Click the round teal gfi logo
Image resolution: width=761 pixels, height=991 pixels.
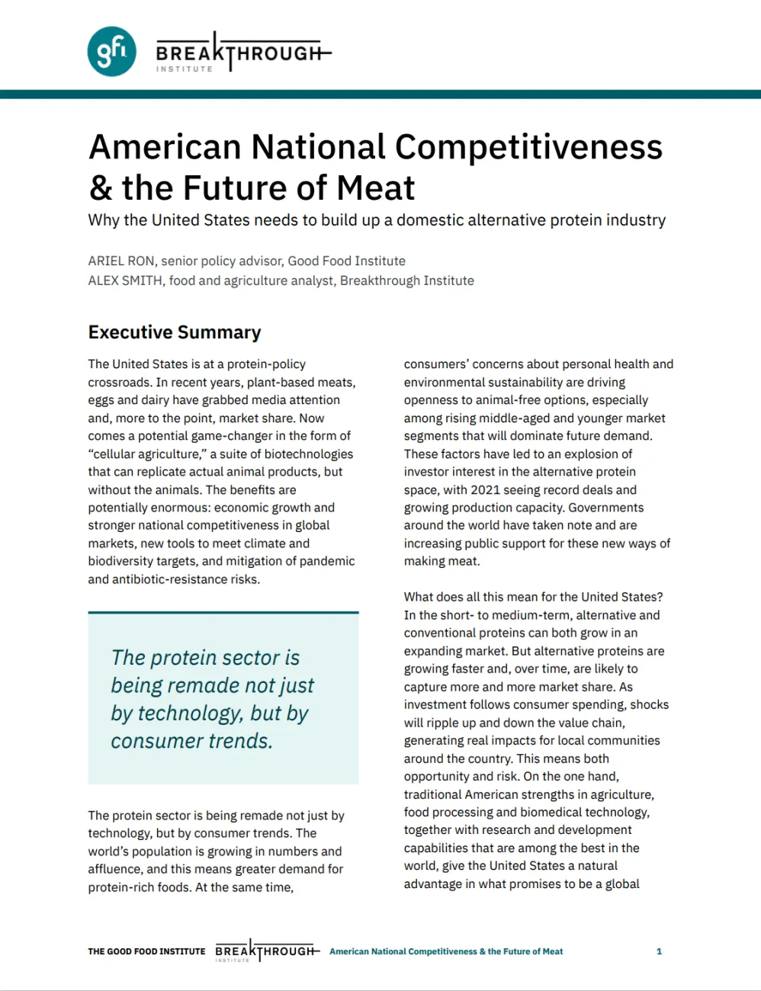coord(112,52)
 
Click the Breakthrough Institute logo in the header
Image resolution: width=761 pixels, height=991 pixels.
coord(242,53)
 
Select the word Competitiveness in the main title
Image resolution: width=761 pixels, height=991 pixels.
coord(529,147)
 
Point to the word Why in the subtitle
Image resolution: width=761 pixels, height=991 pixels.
coord(103,220)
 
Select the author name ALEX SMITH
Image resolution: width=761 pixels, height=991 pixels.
coord(125,281)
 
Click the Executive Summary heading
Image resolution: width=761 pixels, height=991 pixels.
coord(175,332)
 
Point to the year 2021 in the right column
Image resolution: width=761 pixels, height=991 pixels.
coord(485,489)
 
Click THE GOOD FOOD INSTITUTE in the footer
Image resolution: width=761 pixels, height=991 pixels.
coord(146,951)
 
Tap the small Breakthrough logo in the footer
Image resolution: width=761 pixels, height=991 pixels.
coord(265,951)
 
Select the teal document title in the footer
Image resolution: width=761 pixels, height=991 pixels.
coord(446,951)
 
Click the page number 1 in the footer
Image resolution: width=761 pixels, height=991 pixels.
coord(659,951)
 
